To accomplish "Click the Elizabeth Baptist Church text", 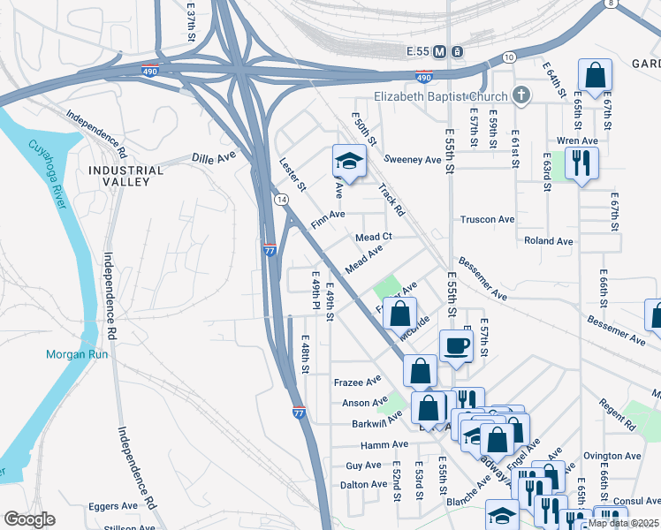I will [441, 96].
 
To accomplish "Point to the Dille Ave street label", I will [214, 157].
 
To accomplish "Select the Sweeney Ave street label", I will [415, 160].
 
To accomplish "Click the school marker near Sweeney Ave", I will [348, 162].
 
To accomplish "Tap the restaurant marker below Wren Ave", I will [581, 163].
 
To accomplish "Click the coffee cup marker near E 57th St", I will [455, 344].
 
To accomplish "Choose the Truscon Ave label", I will [487, 219].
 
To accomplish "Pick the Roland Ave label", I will [548, 240].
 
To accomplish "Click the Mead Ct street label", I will [373, 237].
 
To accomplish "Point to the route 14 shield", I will [280, 201].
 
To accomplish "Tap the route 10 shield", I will [508, 57].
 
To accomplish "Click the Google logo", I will [29, 519].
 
